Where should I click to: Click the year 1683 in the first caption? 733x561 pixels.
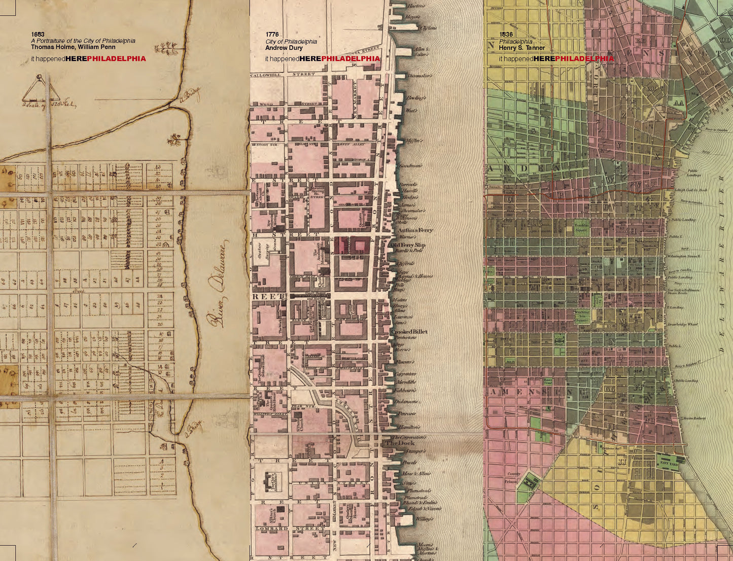click(x=38, y=34)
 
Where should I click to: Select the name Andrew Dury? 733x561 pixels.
click(x=284, y=48)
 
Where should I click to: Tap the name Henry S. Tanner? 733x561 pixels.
click(x=521, y=48)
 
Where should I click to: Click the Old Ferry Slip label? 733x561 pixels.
click(x=407, y=245)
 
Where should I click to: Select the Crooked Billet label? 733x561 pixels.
click(x=409, y=332)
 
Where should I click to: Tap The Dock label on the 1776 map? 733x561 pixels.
click(x=400, y=443)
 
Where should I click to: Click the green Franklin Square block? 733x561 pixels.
click(x=581, y=227)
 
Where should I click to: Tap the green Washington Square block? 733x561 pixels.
click(x=582, y=316)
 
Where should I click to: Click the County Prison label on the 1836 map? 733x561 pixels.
click(x=514, y=477)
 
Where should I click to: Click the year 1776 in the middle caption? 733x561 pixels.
click(x=272, y=34)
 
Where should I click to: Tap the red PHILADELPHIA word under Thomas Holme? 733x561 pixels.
click(x=116, y=58)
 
